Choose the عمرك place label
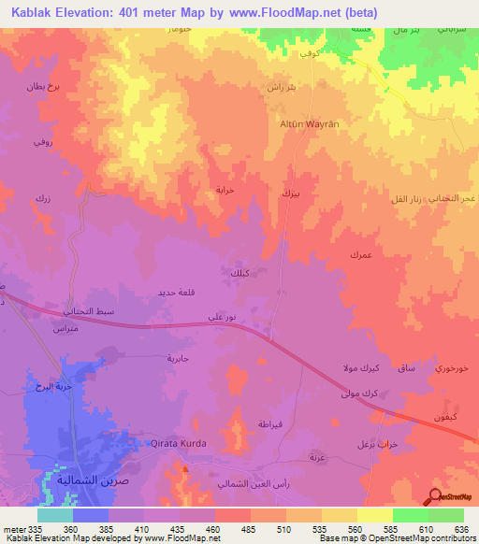tap(361, 255)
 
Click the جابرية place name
tap(178, 358)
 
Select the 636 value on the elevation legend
tap(460, 528)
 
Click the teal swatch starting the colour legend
tap(55, 515)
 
